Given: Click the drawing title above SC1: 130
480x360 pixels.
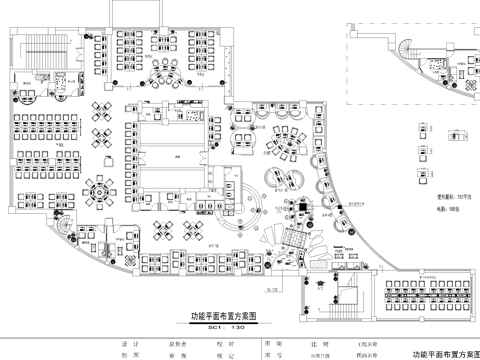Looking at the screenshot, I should coord(224,314).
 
